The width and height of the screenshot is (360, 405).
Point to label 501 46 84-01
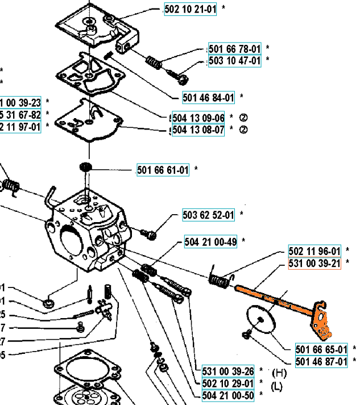click(x=209, y=97)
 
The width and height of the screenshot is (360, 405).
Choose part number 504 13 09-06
click(x=198, y=118)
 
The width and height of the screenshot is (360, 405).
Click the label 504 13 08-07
click(x=198, y=130)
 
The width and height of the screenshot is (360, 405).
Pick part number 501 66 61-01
click(x=163, y=169)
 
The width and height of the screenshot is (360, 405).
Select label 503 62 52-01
click(x=208, y=215)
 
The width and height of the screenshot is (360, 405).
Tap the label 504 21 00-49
click(x=210, y=241)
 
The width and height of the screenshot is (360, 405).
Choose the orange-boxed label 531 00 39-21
click(x=315, y=262)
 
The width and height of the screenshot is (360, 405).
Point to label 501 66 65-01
click(x=322, y=349)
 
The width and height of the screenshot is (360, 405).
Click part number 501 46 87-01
click(x=322, y=361)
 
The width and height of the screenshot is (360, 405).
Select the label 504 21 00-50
click(x=228, y=394)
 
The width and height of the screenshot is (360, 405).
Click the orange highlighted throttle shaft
click(x=273, y=296)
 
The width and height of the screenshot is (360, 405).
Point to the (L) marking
click(x=277, y=387)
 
